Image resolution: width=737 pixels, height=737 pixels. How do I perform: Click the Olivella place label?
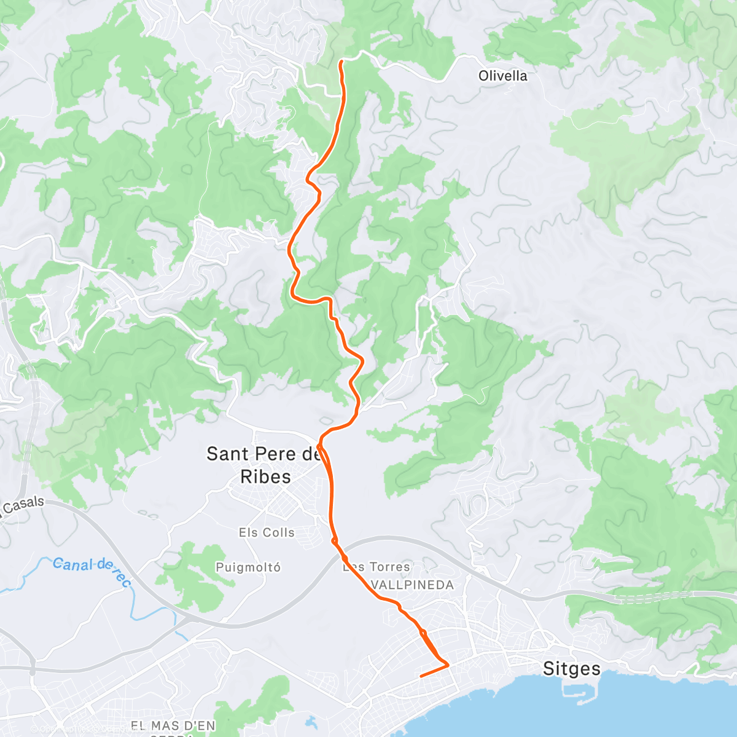pyautogui.click(x=502, y=76)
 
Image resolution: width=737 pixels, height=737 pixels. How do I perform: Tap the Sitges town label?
pyautogui.click(x=571, y=668)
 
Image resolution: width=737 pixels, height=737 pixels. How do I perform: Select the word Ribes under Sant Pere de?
pyautogui.click(x=265, y=477)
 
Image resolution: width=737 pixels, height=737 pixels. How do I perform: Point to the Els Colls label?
pyautogui.click(x=267, y=532)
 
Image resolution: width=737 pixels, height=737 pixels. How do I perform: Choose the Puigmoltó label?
pyautogui.click(x=248, y=567)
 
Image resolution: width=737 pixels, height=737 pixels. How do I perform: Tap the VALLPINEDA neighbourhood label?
pyautogui.click(x=413, y=585)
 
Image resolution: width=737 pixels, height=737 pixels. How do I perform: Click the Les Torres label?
pyautogui.click(x=376, y=567)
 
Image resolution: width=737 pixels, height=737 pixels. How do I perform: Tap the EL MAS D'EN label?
pyautogui.click(x=173, y=727)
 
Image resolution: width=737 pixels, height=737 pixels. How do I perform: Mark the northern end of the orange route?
pyautogui.click(x=341, y=61)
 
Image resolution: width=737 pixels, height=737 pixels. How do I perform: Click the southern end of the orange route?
pyautogui.click(x=421, y=676)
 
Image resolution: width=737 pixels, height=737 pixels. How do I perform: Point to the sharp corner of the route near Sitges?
pyautogui.click(x=448, y=664)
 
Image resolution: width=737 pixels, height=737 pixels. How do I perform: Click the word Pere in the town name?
pyautogui.click(x=276, y=454)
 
